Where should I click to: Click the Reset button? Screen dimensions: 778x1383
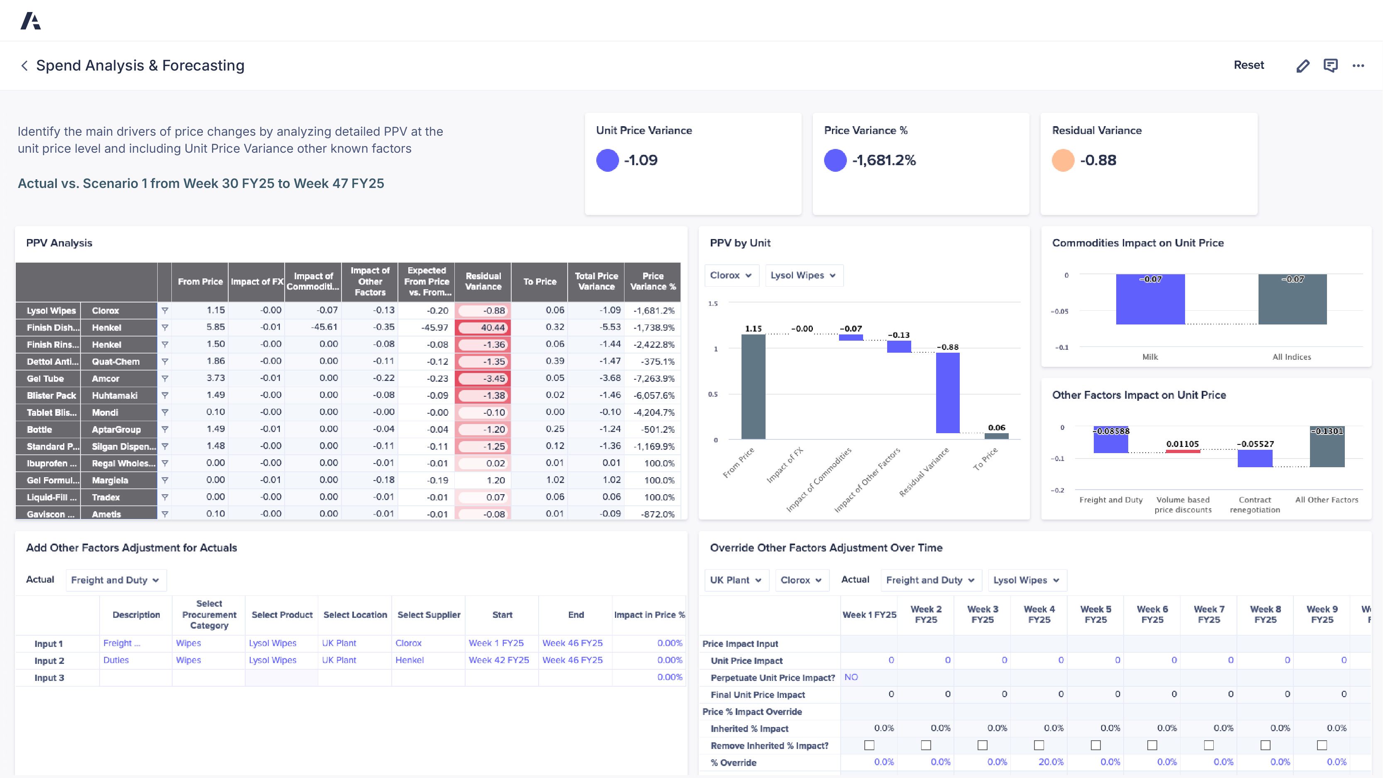[x=1248, y=65]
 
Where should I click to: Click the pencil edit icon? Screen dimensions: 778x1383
[x=1303, y=66]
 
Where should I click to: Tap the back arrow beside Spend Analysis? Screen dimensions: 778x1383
[x=24, y=66]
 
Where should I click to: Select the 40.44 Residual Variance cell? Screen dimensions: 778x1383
[x=483, y=327]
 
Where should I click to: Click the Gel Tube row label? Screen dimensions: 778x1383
[x=46, y=378]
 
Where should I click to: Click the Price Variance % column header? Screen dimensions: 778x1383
[x=652, y=281]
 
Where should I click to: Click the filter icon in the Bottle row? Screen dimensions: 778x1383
[x=165, y=429]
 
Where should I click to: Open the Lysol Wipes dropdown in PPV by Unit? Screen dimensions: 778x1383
[x=802, y=276]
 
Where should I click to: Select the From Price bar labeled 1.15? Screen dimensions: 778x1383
[x=753, y=387]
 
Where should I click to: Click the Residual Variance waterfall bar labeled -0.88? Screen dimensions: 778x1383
[x=948, y=392]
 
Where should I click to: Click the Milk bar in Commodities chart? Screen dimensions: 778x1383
[x=1150, y=300]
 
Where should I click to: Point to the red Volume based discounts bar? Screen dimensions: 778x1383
[x=1182, y=451]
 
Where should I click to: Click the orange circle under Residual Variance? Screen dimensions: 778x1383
[x=1063, y=160]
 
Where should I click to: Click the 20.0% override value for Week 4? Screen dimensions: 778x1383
[x=1050, y=762]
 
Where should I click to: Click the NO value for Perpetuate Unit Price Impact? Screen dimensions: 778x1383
[x=851, y=677]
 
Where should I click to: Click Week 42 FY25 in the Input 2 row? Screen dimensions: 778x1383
[x=498, y=660]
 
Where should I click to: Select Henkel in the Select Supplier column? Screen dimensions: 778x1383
[x=409, y=660]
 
